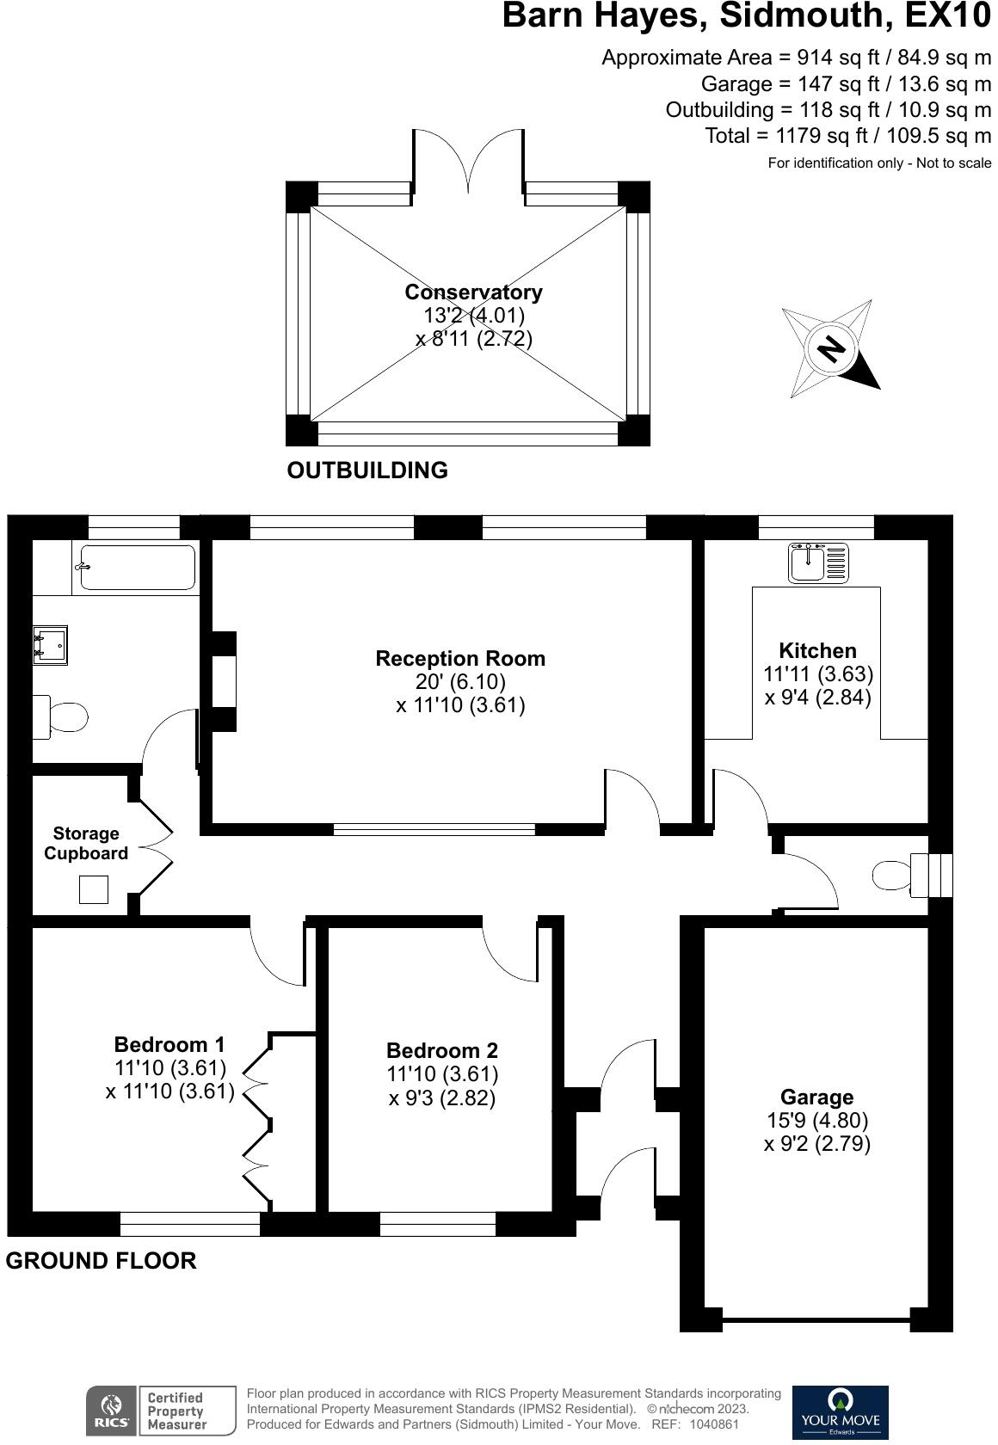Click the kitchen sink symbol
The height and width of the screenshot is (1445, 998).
coord(818,563)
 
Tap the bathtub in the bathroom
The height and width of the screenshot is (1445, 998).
coord(138,568)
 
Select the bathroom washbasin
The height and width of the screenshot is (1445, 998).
coord(51,644)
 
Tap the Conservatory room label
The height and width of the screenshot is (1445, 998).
coord(473,292)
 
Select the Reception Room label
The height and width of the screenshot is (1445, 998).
coord(460,659)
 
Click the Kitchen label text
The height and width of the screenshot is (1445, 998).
coord(817,651)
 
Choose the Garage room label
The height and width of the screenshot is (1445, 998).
coord(816,1097)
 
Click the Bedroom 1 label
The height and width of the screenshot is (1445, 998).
coord(169,1044)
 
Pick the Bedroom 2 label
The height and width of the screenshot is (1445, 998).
coord(442,1050)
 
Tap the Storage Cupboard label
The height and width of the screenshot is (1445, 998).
coord(86,843)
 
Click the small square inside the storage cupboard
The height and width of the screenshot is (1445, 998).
coord(94,889)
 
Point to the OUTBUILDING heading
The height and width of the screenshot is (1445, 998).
coord(367,470)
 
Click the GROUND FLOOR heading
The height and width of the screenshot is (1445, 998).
coord(102,1261)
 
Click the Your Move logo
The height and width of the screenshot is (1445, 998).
coord(840,1411)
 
